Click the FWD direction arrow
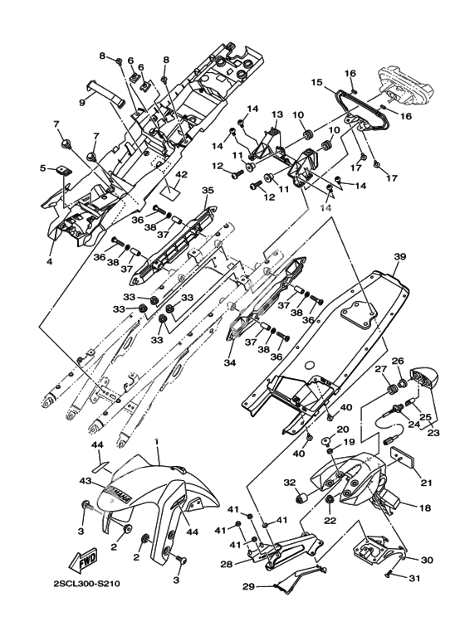coord(83,560)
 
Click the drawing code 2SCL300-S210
coord(86,584)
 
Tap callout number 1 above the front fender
coord(156,441)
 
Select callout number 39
coord(400,257)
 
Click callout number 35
coord(208,190)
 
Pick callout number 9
coord(82,102)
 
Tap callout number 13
coord(277,114)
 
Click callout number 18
coord(425,508)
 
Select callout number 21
coord(427,483)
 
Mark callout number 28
coord(227,565)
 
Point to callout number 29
coord(248,586)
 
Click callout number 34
coord(230,362)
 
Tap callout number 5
coord(42,168)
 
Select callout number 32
coord(289,483)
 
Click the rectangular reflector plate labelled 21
coord(404,458)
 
